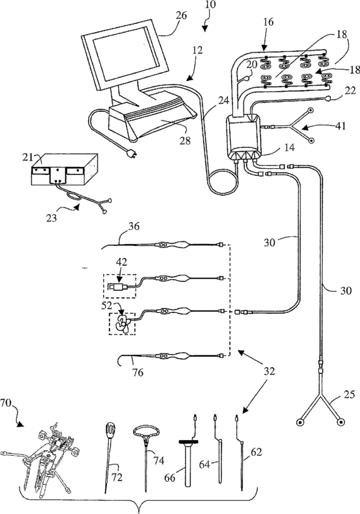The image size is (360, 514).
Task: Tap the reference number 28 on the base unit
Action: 185,140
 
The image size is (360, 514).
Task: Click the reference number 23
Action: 51,217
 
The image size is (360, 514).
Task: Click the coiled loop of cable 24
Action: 223,183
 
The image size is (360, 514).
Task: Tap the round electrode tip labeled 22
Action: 329,99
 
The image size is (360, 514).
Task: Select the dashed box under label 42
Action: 120,286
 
